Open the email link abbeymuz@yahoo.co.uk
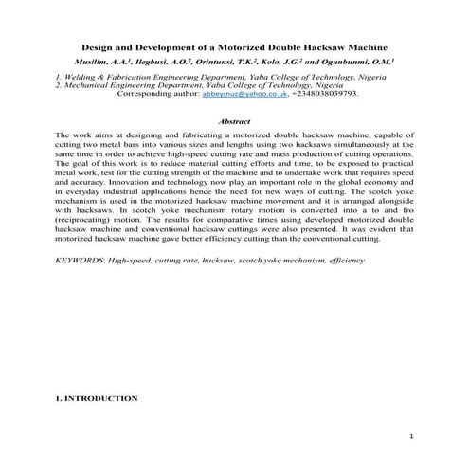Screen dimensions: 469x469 coord(238,95)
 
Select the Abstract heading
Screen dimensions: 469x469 coord(234,122)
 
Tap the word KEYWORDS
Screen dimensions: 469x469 coord(81,258)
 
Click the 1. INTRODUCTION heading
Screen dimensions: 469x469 coord(97,399)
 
